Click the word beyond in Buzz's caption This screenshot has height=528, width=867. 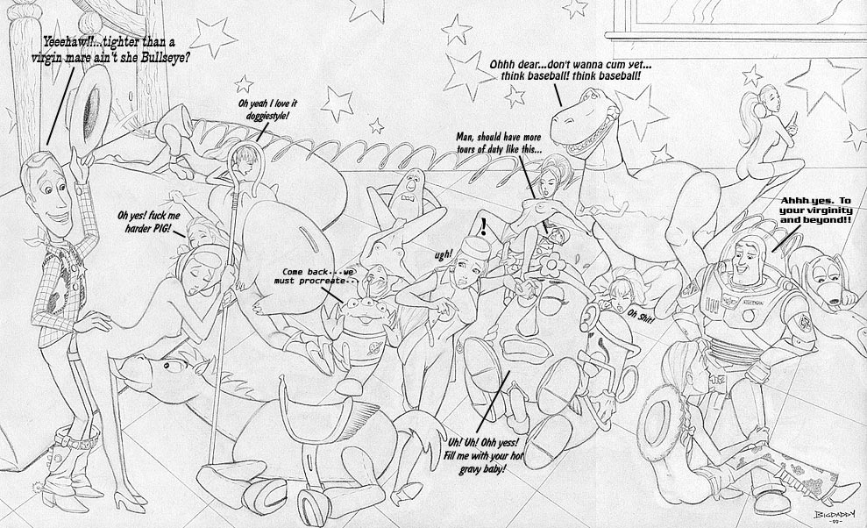(826, 220)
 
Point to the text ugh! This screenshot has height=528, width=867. (443, 255)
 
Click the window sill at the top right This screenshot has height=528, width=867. (736, 35)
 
